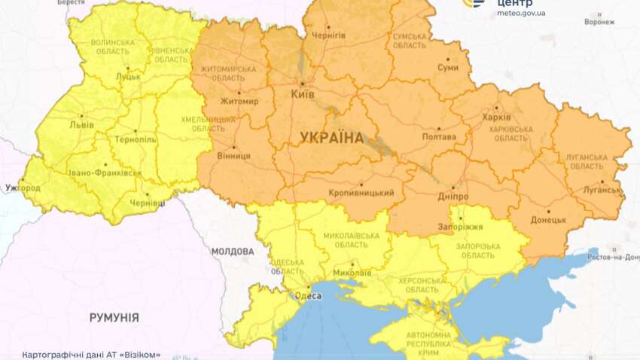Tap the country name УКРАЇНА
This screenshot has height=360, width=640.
331,138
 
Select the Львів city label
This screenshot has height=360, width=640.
81,125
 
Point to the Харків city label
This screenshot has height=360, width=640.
496,117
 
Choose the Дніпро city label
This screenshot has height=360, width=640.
452,197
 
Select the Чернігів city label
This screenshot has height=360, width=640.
328,35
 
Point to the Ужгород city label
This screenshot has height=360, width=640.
22,187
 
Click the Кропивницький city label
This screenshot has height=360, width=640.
361,193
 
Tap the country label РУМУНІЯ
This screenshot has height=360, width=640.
114,318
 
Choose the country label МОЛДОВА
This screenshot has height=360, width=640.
233,251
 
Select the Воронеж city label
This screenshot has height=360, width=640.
599,23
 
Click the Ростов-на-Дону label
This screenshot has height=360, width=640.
614,258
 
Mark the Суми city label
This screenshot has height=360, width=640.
447,67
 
